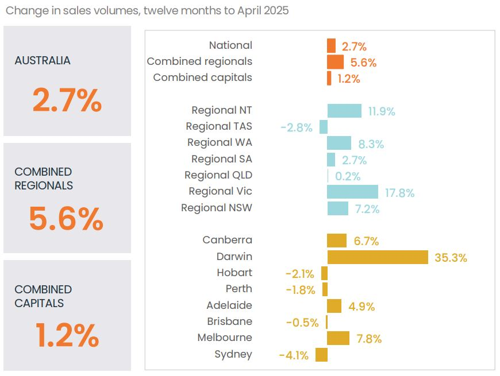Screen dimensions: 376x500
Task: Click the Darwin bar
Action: (x=378, y=257)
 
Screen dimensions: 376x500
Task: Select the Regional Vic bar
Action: (x=352, y=192)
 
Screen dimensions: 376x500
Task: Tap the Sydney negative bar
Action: (x=321, y=355)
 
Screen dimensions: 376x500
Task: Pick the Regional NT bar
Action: (x=344, y=111)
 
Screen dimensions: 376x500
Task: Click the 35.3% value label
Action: (x=451, y=258)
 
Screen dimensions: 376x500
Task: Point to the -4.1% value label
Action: (x=294, y=355)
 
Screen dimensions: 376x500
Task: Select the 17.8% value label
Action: (x=399, y=193)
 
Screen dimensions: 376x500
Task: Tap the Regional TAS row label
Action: (x=219, y=126)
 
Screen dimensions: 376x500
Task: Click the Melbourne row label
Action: (x=225, y=338)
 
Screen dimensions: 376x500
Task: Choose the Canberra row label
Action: (x=227, y=240)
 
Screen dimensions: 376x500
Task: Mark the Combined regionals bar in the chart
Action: (x=335, y=62)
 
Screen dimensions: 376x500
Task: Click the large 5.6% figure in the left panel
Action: (x=66, y=219)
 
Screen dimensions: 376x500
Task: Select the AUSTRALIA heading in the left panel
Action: (x=43, y=61)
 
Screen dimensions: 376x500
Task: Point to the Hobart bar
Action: (x=324, y=273)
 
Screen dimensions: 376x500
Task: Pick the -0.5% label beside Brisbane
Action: (x=302, y=323)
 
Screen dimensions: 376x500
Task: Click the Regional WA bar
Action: (x=339, y=144)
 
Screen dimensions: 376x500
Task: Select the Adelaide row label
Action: (x=229, y=305)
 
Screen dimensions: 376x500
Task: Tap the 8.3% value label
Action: (x=371, y=144)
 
